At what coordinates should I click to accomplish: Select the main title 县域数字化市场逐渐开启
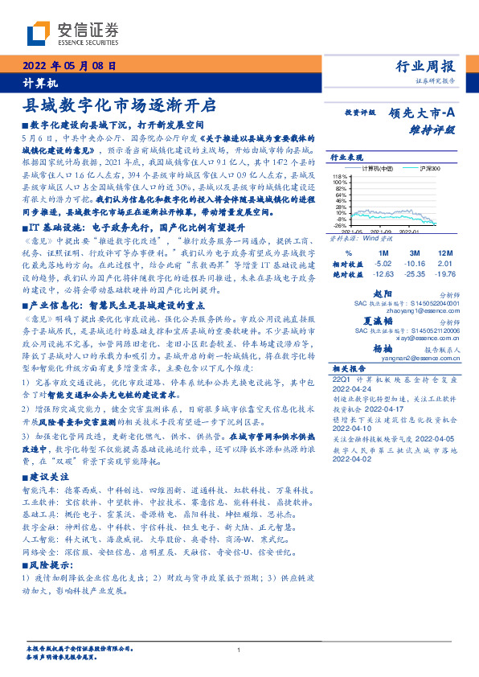pyautogui.click(x=121, y=105)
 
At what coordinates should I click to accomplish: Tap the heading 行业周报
pyautogui.click(x=426, y=67)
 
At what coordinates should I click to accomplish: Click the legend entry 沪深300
pyautogui.click(x=409, y=169)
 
